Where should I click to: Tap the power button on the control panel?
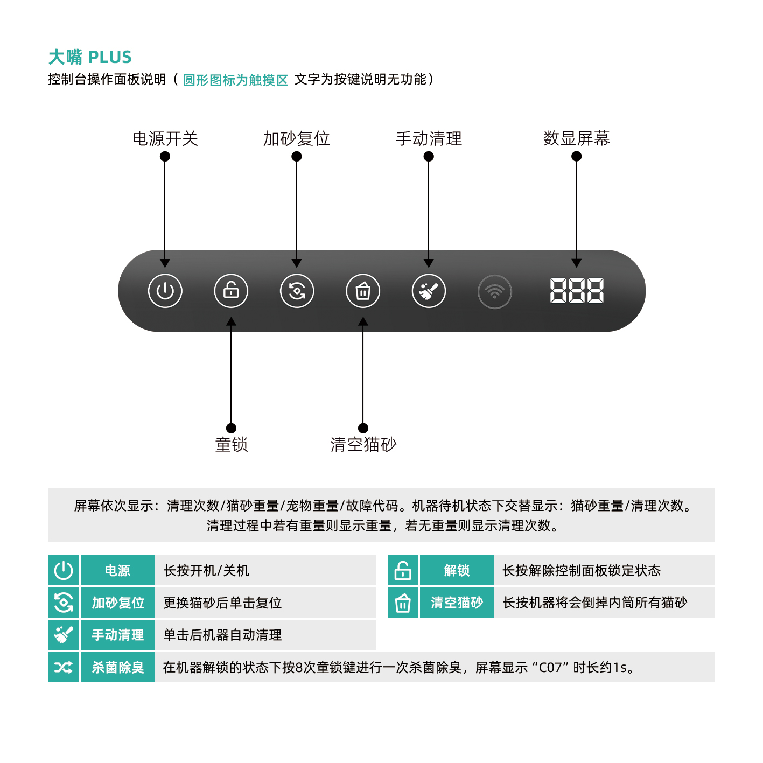[165, 291]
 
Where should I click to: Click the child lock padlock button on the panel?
[231, 291]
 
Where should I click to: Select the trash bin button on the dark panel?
[363, 291]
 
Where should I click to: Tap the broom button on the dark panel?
[429, 291]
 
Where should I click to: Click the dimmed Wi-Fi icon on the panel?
[494, 291]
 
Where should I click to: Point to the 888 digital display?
[577, 291]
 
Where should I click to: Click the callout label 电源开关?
[165, 139]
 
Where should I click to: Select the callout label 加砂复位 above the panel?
[296, 139]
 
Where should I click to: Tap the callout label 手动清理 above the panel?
[429, 139]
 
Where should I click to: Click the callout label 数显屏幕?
[576, 138]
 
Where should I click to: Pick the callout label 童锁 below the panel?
[231, 445]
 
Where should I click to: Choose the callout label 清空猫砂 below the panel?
[363, 445]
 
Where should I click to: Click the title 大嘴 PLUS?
[90, 57]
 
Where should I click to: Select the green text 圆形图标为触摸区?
[235, 80]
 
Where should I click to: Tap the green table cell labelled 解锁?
[457, 570]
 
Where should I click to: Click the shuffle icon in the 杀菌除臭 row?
[64, 667]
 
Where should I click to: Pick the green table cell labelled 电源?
[117, 570]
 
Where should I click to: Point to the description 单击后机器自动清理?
[222, 635]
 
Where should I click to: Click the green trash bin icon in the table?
[403, 603]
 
